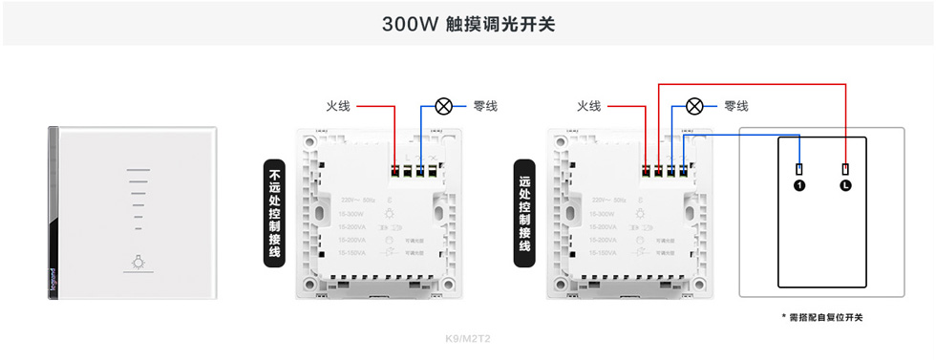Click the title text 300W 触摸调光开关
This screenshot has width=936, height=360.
[x=468, y=24]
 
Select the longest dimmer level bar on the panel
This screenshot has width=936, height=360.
[x=138, y=173]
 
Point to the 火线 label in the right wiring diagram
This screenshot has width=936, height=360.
[x=588, y=106]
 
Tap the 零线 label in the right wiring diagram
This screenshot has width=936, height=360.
[x=735, y=106]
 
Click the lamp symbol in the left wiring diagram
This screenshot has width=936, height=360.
[x=443, y=106]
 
